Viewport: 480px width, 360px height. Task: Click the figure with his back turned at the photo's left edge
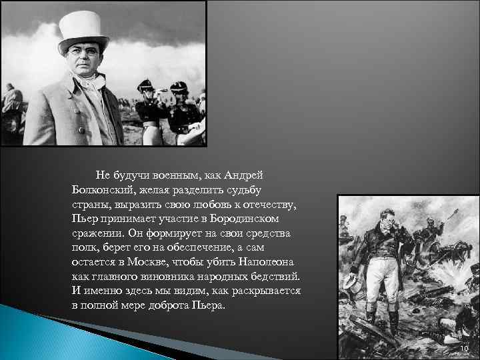[11, 113]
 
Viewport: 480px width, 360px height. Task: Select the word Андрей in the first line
[243, 175]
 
